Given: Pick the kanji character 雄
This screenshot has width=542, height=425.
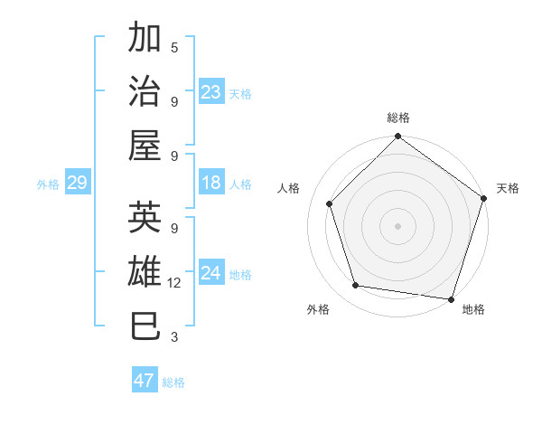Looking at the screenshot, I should point(145,272).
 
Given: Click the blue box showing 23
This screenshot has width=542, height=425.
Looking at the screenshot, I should point(211,92).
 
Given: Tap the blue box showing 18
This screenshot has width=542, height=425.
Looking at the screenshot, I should point(211,184).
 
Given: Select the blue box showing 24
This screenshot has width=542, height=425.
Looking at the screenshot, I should point(211,274).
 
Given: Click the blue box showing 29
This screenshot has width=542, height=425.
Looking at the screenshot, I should point(77,184).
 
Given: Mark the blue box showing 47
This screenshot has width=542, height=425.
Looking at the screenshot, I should point(145,381).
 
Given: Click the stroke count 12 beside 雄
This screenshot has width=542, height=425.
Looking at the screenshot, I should point(174,283).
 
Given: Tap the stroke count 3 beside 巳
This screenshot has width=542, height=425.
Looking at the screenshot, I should point(174,337).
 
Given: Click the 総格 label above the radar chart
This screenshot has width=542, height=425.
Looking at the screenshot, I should point(397,118).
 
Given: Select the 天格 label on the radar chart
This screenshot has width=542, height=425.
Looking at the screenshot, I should point(508,188).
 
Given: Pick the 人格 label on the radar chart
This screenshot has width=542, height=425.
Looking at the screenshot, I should point(289,188).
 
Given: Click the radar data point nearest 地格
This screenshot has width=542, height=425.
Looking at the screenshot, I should point(452,298).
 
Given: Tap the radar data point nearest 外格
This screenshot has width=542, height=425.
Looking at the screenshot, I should point(356,286).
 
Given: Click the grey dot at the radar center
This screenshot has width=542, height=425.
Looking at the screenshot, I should point(397,225).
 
